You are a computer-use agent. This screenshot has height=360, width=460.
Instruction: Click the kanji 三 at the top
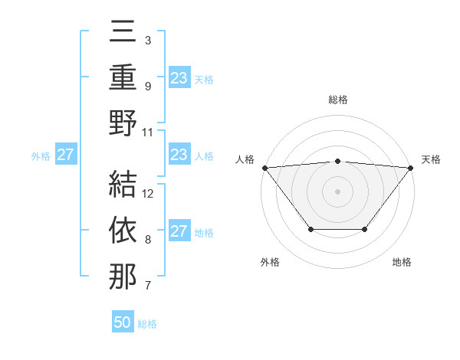coord(123,34)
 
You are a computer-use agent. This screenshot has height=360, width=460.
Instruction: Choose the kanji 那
coord(123,276)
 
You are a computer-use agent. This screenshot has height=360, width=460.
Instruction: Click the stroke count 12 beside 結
coord(149,193)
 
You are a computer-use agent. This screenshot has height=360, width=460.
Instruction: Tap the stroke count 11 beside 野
coord(148,131)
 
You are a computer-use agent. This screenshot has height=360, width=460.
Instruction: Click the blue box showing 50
coord(123,322)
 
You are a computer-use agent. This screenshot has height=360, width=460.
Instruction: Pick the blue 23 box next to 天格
coord(179,78)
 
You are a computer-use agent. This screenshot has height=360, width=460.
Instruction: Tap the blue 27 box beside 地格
coord(179,231)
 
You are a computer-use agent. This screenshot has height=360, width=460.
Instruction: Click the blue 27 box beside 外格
coord(66,155)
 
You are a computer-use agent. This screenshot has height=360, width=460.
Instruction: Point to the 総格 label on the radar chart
coord(337,100)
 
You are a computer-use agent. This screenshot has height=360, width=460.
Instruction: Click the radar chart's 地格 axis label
coord(402,263)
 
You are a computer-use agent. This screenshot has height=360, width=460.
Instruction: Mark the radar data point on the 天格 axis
coord(411,167)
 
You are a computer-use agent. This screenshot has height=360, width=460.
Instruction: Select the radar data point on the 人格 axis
coord(264,167)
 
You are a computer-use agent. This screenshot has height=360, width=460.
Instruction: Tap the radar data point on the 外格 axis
coord(310,229)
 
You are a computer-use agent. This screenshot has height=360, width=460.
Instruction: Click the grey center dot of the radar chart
coord(337,191)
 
